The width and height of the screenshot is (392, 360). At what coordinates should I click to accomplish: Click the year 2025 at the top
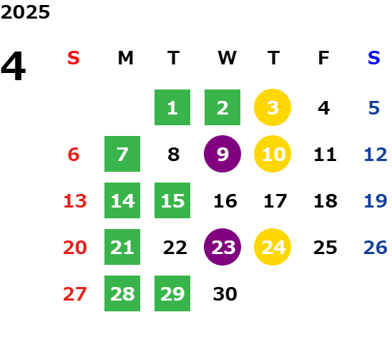coord(25,12)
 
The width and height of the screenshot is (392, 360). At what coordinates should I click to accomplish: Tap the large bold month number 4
coord(14,66)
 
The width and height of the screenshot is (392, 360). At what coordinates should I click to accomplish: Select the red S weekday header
coord(74,58)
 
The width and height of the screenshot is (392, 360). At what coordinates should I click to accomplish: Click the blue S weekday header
coord(373,58)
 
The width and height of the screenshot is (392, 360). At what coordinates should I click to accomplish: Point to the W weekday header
coord(227,58)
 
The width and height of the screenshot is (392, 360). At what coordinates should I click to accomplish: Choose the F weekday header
coord(323,58)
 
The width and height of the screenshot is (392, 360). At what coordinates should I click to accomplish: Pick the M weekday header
coord(125,58)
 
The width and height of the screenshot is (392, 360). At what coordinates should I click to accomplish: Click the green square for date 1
coord(172,107)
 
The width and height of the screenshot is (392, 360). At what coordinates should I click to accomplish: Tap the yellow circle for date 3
coord(273,107)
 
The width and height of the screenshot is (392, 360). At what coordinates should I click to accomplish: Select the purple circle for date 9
coord(222,154)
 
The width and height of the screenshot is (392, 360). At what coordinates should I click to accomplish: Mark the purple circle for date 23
coord(222,247)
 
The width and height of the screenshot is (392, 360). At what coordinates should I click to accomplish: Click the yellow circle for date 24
coord(273,247)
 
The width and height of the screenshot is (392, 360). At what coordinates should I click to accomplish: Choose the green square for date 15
coord(172,200)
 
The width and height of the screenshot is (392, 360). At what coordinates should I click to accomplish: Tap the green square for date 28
coord(122,293)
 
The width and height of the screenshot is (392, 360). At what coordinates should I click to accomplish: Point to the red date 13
coord(75,201)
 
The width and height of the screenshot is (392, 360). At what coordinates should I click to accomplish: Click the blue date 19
coord(376,201)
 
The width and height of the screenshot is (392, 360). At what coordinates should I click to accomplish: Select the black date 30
coord(225,294)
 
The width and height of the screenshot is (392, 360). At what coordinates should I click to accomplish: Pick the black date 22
coord(175,248)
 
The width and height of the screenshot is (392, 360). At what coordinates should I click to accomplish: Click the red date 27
coord(75,294)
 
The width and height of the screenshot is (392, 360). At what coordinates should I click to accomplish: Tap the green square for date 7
coord(122,154)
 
